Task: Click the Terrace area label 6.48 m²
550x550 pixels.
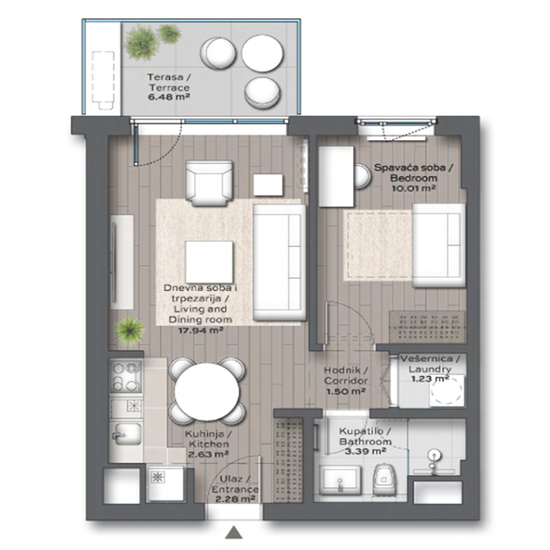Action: [169, 97]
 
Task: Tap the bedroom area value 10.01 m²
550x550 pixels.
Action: [414, 188]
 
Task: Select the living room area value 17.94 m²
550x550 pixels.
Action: [201, 330]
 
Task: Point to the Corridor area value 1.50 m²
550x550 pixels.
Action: [346, 391]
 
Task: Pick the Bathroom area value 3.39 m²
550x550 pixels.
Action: [366, 451]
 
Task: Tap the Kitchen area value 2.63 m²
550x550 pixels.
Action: [208, 455]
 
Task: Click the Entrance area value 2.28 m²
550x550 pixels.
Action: [235, 498]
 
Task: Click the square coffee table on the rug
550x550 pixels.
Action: [209, 262]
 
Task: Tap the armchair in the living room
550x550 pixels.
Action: [209, 183]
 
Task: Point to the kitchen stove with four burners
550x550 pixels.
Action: [125, 377]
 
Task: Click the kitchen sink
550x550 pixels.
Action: [128, 435]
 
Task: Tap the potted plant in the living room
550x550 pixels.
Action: [130, 331]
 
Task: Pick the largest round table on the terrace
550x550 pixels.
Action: [262, 53]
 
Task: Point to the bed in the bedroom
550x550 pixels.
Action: [438, 245]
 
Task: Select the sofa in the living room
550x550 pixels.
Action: [279, 262]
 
